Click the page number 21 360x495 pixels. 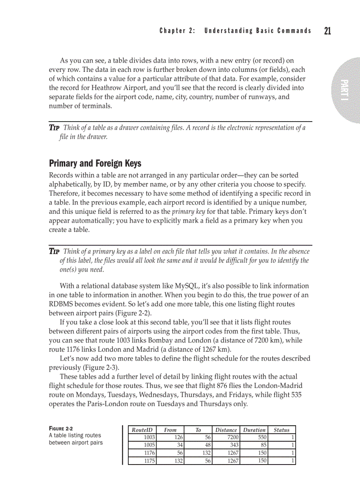coord(327,30)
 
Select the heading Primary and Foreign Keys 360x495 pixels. coord(95,164)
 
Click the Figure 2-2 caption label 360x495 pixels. coord(61,428)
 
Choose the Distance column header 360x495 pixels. coord(226,430)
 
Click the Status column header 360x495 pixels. coord(281,430)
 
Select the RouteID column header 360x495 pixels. coord(142,430)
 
